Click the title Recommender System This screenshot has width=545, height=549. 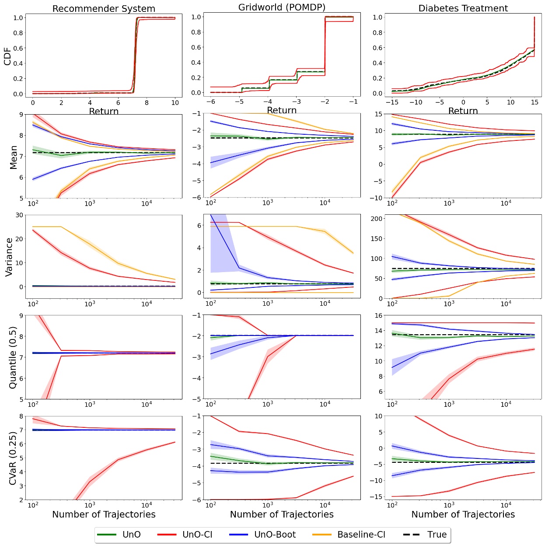104,9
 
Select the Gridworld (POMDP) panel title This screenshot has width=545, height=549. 282,7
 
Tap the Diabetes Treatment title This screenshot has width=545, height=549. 463,8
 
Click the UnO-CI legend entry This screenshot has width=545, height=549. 197,535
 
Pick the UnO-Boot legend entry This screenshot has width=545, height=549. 275,535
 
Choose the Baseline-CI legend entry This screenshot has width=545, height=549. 361,535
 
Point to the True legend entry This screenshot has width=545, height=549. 437,535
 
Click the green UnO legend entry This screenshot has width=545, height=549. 131,535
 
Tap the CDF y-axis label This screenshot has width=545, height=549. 7,56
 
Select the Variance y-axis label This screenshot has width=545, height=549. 9,257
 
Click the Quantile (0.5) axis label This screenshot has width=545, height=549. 13,357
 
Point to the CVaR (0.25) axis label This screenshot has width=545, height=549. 13,458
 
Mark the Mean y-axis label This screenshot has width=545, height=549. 13,157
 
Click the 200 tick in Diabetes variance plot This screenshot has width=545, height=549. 377,219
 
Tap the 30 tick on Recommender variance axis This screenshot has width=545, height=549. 19,215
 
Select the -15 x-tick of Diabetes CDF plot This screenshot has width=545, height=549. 392,102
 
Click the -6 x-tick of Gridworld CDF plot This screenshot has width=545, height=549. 211,102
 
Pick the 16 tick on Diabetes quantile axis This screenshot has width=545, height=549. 378,315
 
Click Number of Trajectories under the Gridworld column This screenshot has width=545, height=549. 282,514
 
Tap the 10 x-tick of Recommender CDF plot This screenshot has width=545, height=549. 175,103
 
